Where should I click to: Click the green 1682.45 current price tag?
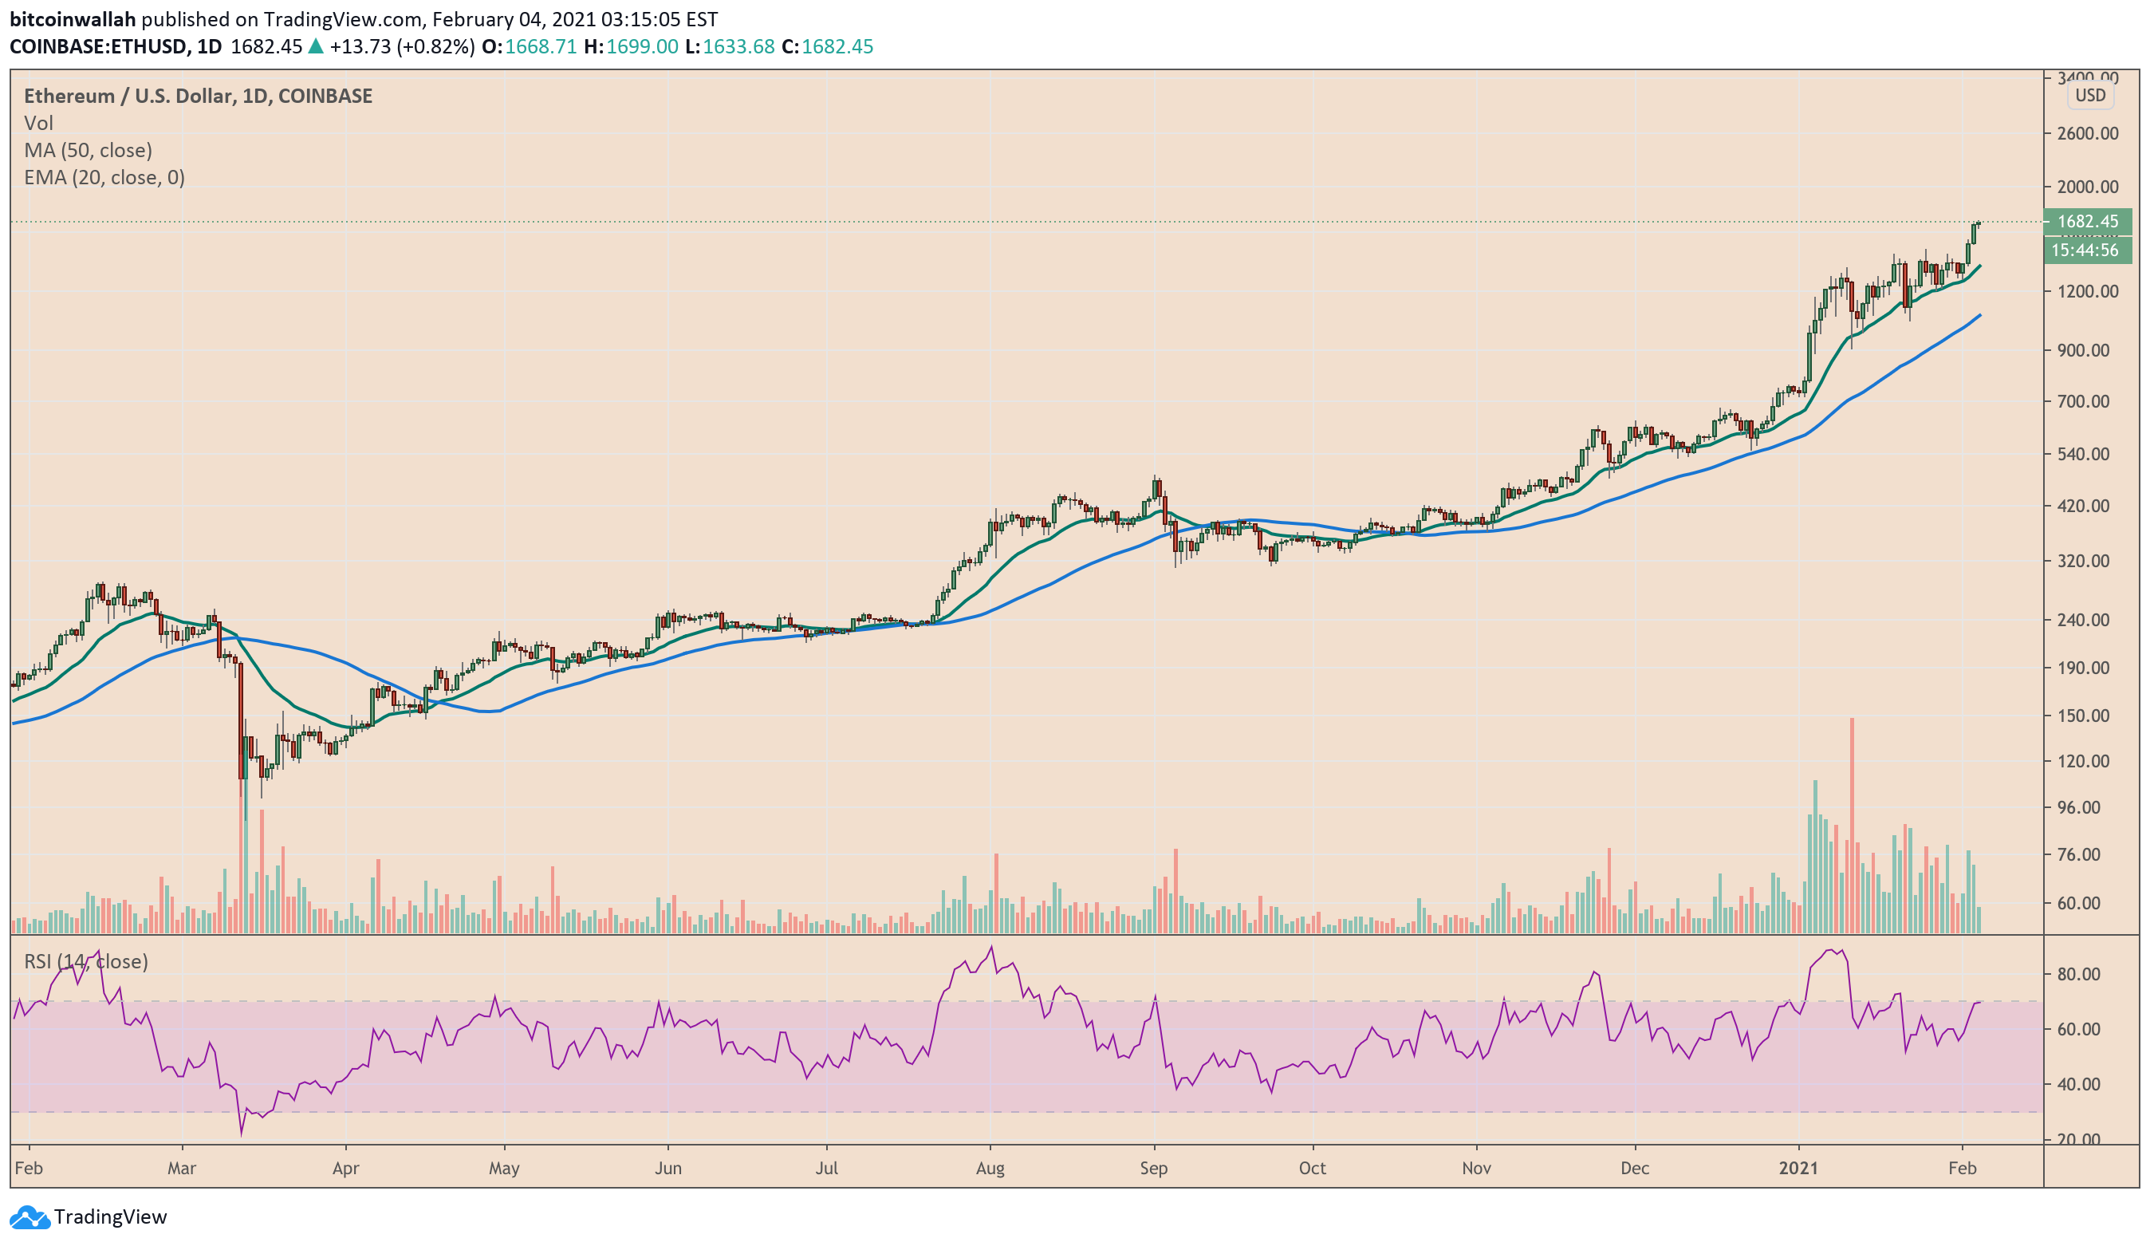2087,222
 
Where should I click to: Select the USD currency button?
2089,96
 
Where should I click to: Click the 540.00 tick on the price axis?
2082,454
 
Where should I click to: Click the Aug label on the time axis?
990,1169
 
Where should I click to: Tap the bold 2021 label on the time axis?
1798,1169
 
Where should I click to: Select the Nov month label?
1476,1169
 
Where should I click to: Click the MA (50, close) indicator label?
88,150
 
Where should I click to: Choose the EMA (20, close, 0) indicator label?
104,178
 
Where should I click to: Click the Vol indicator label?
38,123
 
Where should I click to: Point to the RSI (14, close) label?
85,962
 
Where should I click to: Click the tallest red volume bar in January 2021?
1852,819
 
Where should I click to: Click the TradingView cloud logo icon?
29,1217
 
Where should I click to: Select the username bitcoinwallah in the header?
73,19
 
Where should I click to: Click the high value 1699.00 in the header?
642,47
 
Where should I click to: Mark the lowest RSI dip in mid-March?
242,1134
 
